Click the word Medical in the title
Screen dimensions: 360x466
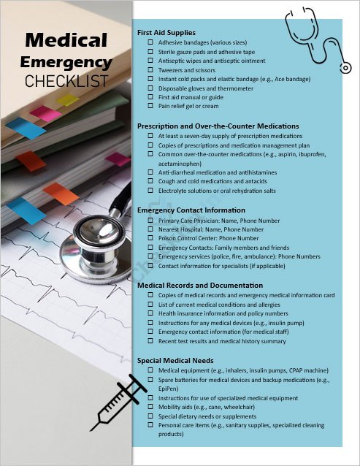(x=66, y=41)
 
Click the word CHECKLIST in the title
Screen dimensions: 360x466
(x=66, y=80)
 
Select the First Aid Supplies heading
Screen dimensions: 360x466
(x=166, y=33)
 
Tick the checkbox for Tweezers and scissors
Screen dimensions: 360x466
(x=150, y=70)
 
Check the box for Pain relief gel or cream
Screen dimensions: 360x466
(x=150, y=106)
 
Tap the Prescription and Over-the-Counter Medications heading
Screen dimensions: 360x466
(x=218, y=126)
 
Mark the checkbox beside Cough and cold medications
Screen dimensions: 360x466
(x=150, y=181)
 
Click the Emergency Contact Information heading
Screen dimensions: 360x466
(x=191, y=210)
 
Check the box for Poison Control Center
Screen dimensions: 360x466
(x=150, y=238)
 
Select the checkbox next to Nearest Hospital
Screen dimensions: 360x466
(x=150, y=229)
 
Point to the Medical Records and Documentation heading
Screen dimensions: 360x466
(x=200, y=285)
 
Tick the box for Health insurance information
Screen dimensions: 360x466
(x=150, y=313)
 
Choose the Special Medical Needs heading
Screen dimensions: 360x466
(x=175, y=361)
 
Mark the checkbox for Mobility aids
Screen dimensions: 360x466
(x=150, y=407)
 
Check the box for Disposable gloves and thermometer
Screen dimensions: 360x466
(x=150, y=88)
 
